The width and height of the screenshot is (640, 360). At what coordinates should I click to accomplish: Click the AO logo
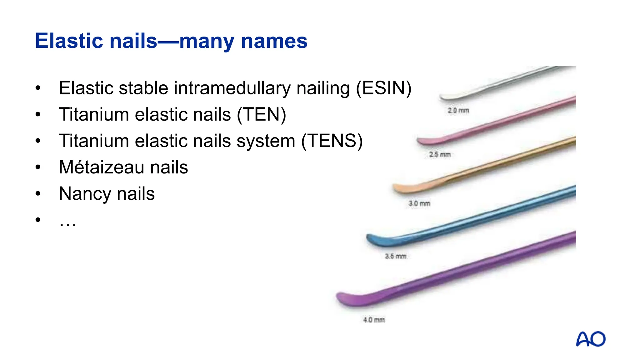point(591,339)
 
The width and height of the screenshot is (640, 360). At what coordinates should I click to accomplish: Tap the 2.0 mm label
point(458,110)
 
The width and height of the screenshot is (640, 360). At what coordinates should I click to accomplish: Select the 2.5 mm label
point(440,154)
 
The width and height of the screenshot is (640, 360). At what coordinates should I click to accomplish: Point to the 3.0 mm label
point(419,203)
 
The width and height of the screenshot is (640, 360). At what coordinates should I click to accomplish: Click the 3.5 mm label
point(396,256)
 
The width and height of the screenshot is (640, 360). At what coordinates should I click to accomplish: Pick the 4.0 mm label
point(374,320)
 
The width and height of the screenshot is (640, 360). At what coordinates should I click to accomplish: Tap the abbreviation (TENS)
point(332,141)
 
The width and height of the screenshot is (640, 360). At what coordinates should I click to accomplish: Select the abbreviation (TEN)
point(261,114)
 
